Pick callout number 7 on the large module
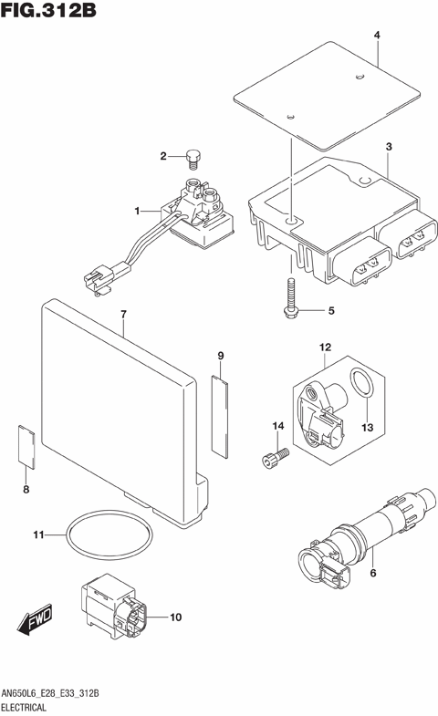123,316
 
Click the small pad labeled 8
26,446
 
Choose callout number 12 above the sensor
324,348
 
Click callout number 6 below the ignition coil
371,573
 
